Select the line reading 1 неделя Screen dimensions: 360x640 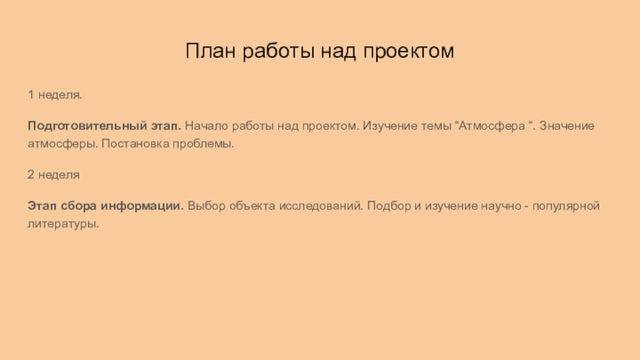[55, 95]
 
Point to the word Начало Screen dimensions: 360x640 [207, 126]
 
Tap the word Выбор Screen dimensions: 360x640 [208, 205]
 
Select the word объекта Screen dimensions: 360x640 [254, 205]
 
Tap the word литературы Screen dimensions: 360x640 [63, 224]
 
